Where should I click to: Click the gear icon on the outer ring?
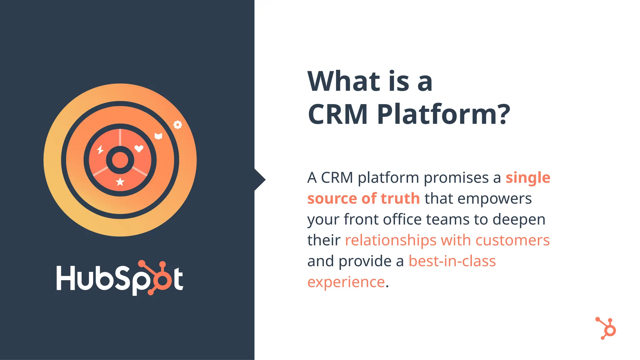pyautogui.click(x=177, y=125)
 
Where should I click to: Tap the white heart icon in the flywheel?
pyautogui.click(x=139, y=148)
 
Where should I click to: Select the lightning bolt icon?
pyautogui.click(x=100, y=150)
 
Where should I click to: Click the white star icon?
pyautogui.click(x=120, y=182)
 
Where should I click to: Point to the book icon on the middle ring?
pyautogui.click(x=158, y=136)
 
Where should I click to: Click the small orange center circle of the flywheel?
pyautogui.click(x=120, y=160)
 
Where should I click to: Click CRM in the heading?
pyautogui.click(x=338, y=114)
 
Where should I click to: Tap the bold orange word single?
pyautogui.click(x=528, y=178)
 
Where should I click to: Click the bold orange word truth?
pyautogui.click(x=400, y=199)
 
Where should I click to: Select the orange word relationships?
pyautogui.click(x=390, y=240)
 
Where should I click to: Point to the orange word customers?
pyautogui.click(x=512, y=240)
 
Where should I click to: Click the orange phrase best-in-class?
pyautogui.click(x=452, y=261)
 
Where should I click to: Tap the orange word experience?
pyautogui.click(x=346, y=282)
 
